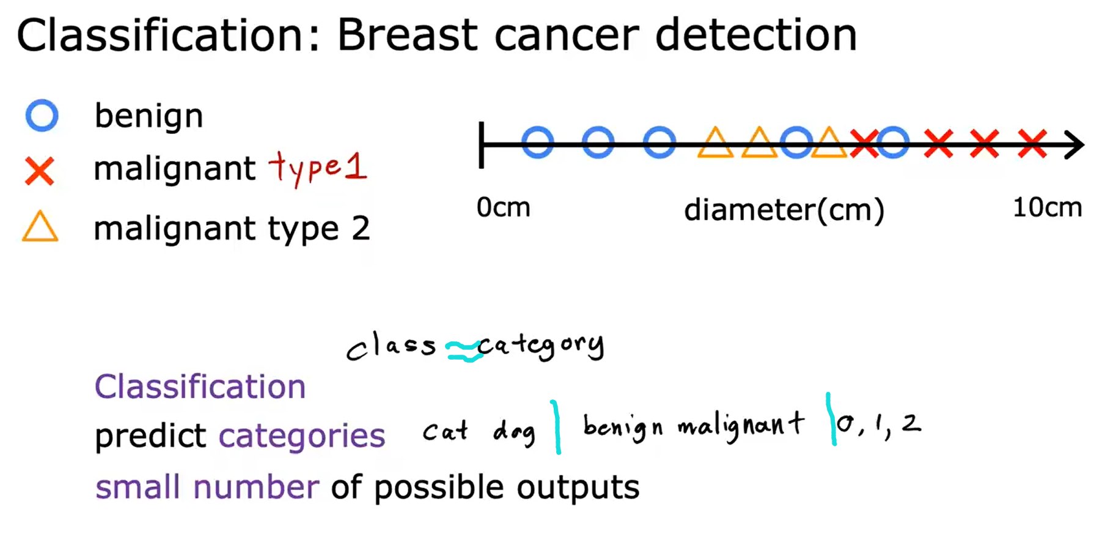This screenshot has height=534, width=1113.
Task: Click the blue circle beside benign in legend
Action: pyautogui.click(x=42, y=116)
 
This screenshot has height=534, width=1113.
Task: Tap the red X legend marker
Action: pyautogui.click(x=40, y=171)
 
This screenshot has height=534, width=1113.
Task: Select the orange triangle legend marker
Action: pyautogui.click(x=40, y=228)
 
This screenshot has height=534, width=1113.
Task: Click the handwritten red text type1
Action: pyautogui.click(x=318, y=168)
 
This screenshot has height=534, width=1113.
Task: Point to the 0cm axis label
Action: pyautogui.click(x=503, y=208)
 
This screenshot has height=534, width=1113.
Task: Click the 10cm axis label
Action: pyautogui.click(x=1047, y=208)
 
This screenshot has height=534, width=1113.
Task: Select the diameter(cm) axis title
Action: pyautogui.click(x=784, y=210)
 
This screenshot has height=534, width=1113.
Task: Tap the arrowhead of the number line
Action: pyautogui.click(x=1074, y=145)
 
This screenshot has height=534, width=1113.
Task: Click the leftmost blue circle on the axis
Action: pyautogui.click(x=538, y=143)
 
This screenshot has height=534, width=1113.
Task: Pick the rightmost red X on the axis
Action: pyautogui.click(x=1032, y=144)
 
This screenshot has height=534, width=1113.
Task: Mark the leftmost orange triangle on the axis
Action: pyautogui.click(x=715, y=143)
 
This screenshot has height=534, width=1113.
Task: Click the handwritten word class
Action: pyautogui.click(x=391, y=346)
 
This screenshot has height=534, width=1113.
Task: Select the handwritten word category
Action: pyautogui.click(x=541, y=346)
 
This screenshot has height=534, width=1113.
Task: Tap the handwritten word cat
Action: pyautogui.click(x=446, y=431)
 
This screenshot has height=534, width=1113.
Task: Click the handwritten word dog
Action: pyautogui.click(x=514, y=432)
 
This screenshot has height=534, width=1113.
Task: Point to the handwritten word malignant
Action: pyautogui.click(x=740, y=425)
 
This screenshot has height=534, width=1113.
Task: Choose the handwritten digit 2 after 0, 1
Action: pyautogui.click(x=911, y=423)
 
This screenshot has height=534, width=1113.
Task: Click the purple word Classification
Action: pyautogui.click(x=200, y=387)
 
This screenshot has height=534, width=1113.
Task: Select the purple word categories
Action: pyautogui.click(x=302, y=436)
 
